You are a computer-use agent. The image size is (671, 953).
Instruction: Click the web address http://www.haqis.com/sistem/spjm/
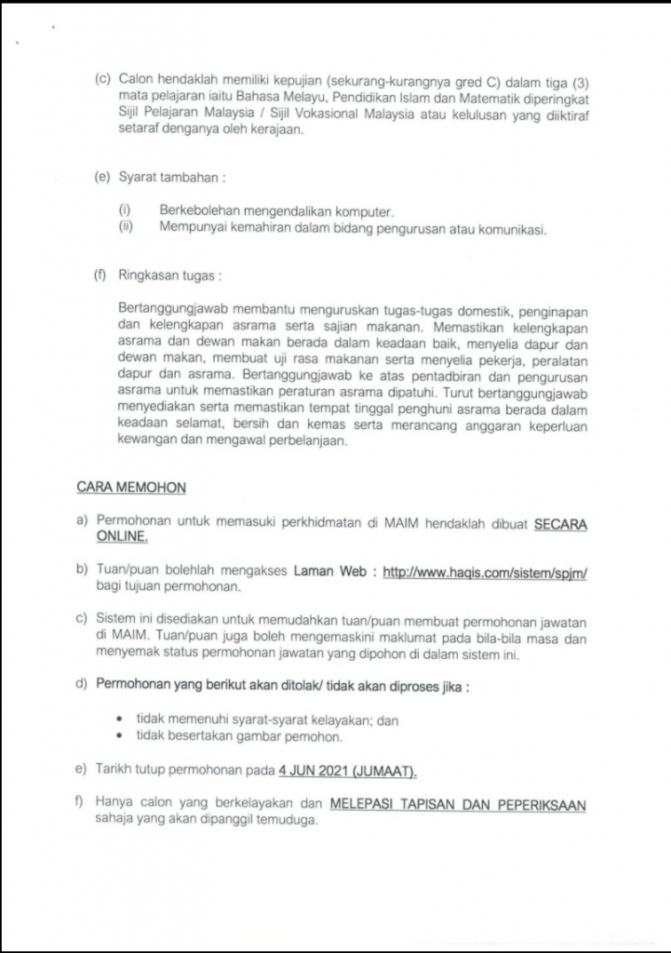[x=484, y=573]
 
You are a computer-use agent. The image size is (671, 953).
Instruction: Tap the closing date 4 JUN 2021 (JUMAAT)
[x=348, y=772]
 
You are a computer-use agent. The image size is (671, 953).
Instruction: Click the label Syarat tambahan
[x=165, y=178]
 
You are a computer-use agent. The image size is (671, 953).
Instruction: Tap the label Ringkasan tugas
[x=168, y=276]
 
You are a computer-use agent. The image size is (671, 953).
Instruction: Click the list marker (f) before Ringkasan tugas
[x=101, y=276]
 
